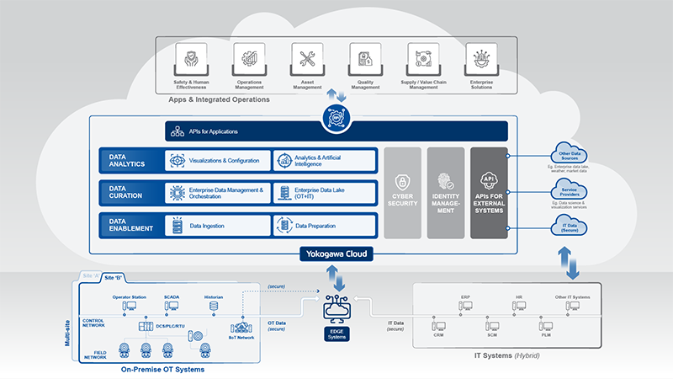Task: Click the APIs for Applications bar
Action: [x=336, y=131]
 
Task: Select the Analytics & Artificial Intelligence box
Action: [x=323, y=160]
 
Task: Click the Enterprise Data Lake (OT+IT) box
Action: [x=323, y=193]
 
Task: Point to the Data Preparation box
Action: [x=323, y=225]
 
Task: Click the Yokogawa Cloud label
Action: [x=336, y=253]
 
